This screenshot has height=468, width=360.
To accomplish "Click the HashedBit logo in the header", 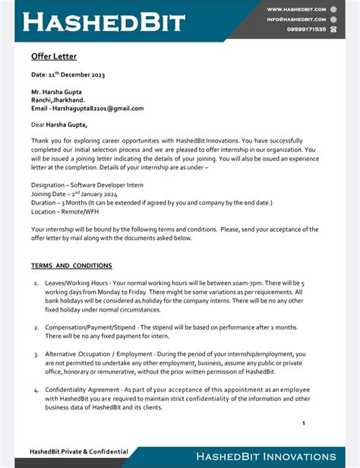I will [x=104, y=21].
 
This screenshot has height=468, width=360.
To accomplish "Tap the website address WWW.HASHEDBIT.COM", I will [x=295, y=9].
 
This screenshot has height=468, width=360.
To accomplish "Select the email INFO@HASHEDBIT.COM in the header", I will [x=295, y=19].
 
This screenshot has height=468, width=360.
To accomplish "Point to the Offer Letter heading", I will [x=54, y=56].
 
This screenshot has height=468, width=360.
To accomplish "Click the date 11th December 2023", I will [x=68, y=74].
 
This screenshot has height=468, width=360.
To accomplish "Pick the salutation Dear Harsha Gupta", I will [x=59, y=125].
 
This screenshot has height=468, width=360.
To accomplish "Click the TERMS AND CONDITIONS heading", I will [x=71, y=266].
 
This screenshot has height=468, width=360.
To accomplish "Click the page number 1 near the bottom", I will [x=303, y=423].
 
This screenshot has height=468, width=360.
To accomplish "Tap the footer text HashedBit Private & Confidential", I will [x=79, y=451].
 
